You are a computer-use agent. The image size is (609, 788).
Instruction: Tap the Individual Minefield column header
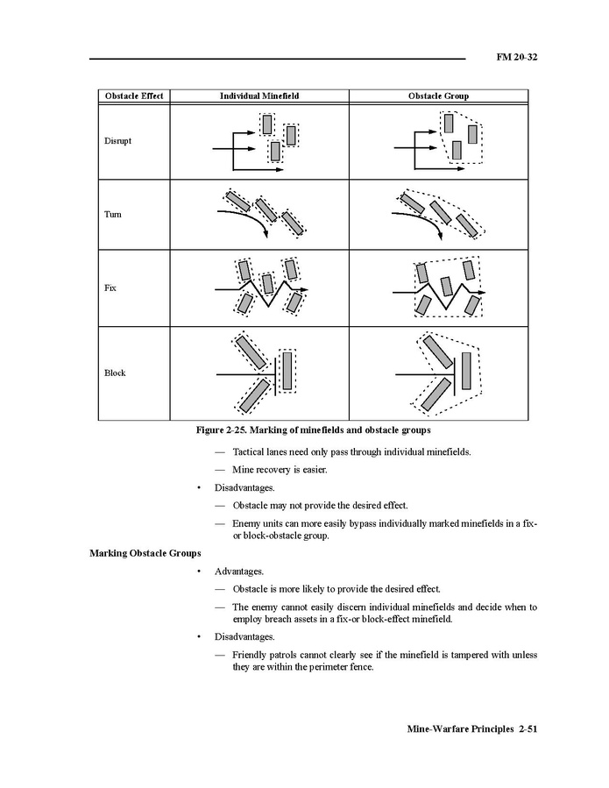(259, 96)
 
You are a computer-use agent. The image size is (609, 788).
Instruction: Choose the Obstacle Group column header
(438, 96)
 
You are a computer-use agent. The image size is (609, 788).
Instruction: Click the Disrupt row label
(118, 140)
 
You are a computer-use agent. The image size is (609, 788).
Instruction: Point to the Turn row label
(113, 215)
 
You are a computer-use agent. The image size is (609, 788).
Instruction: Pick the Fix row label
(110, 288)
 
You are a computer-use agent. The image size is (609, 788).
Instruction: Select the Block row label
(116, 373)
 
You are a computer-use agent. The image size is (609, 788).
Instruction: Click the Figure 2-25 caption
(312, 430)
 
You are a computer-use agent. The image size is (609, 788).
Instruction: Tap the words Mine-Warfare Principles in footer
(460, 729)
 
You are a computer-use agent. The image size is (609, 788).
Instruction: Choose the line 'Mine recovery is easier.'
(280, 470)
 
